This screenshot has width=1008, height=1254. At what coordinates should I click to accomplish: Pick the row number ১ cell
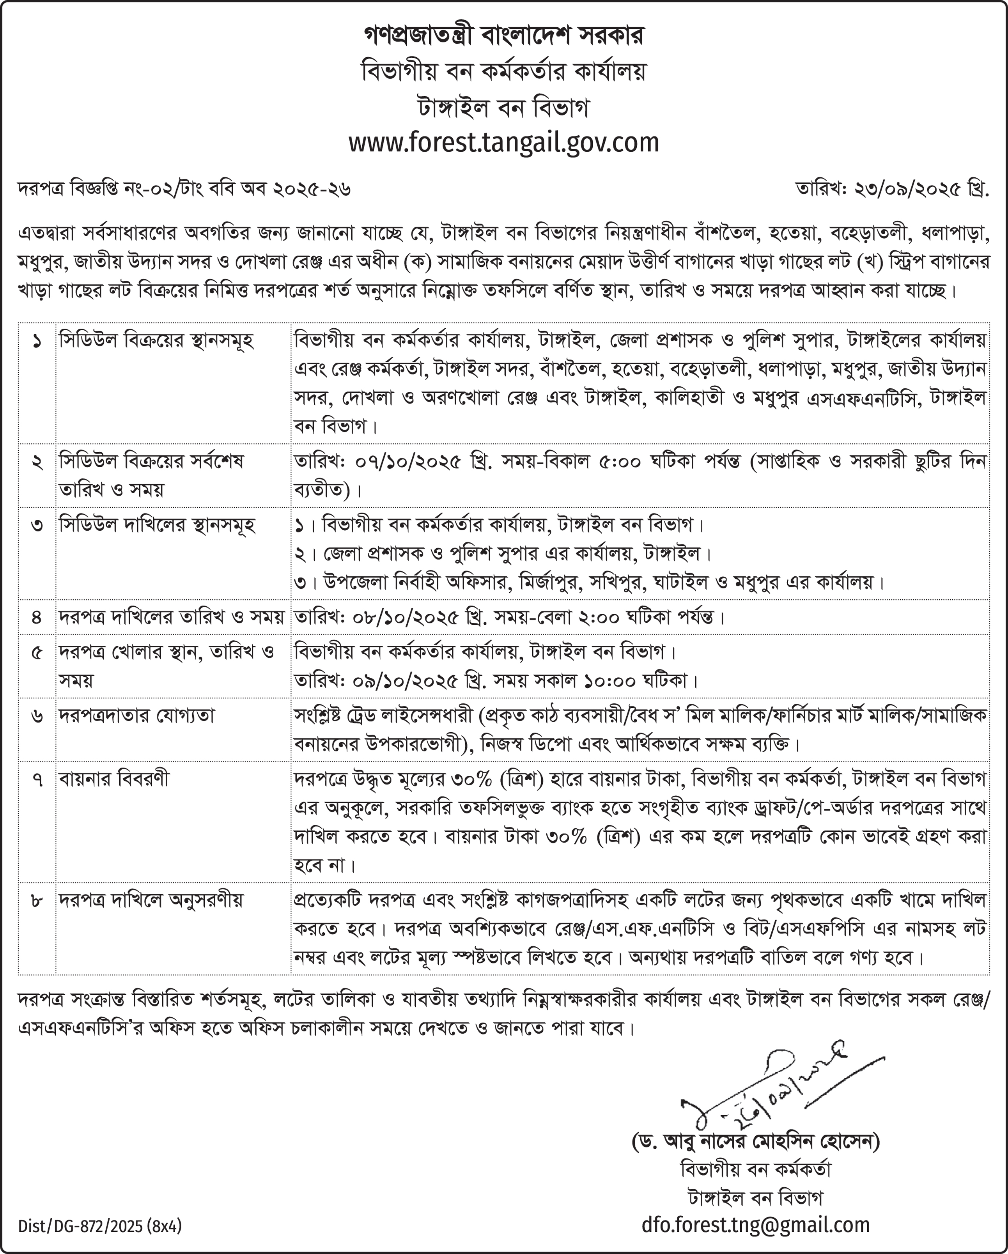click(x=37, y=342)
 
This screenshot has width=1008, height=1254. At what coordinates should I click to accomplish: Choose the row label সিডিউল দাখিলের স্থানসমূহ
click(x=157, y=525)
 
